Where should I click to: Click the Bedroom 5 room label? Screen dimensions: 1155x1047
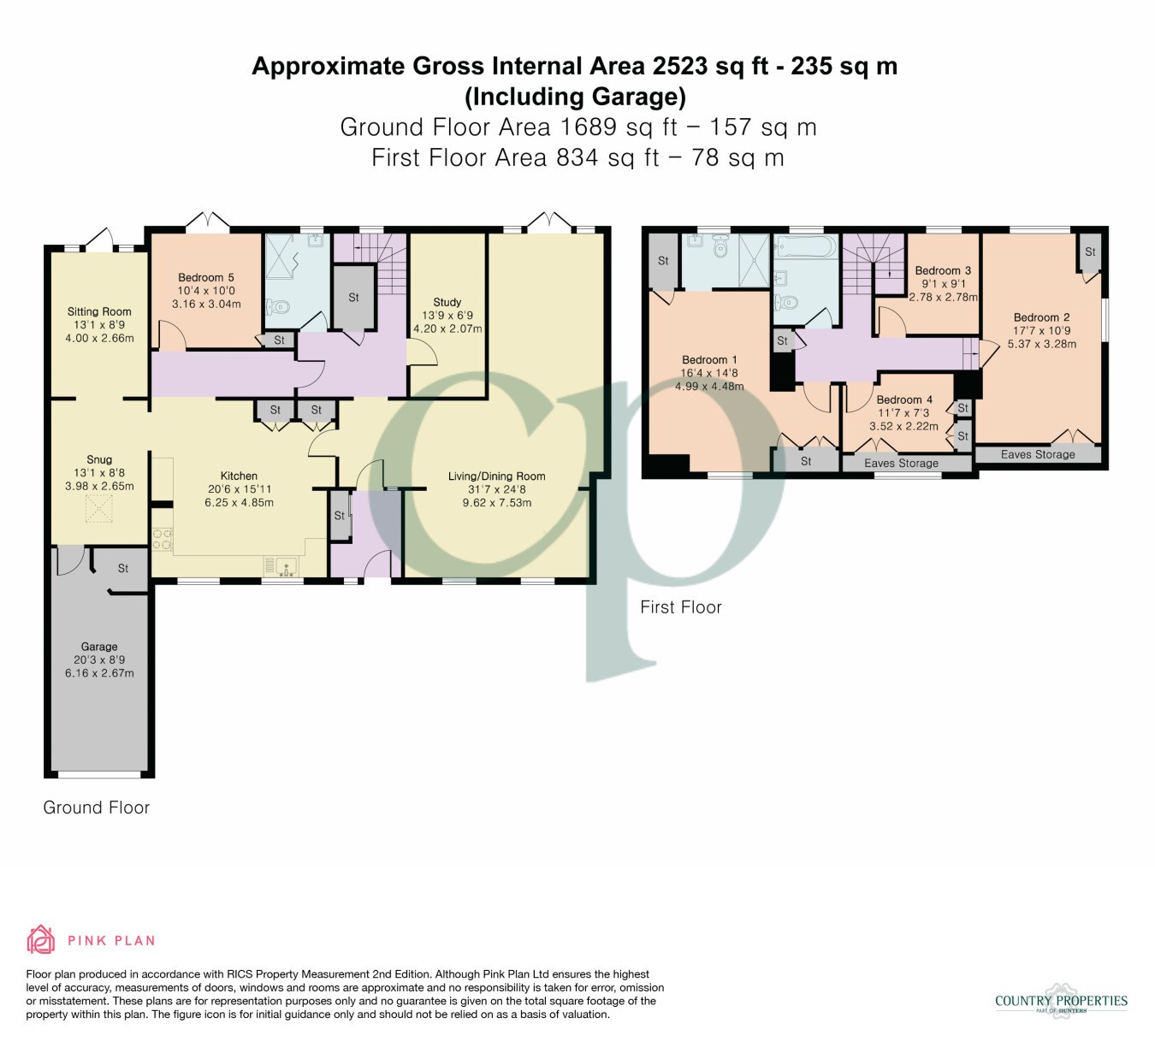[205, 278]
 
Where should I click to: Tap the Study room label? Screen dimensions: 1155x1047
[447, 302]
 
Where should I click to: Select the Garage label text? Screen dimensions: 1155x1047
[99, 647]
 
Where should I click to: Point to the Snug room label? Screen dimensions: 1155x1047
[99, 459]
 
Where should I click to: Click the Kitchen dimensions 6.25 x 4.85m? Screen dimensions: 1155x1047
[239, 502]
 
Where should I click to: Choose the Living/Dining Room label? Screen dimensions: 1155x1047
[496, 476]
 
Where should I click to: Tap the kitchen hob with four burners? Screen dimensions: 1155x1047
[162, 540]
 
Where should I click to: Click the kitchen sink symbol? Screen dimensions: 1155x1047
[286, 566]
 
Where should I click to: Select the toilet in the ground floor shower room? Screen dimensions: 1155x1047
[277, 307]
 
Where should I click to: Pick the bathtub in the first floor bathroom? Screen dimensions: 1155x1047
[806, 246]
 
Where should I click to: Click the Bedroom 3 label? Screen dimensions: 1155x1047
[943, 270]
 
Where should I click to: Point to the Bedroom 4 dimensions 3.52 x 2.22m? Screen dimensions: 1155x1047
[903, 426]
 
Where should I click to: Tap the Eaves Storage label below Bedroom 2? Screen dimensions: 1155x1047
[1038, 454]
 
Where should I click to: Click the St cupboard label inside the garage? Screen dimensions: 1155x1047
[123, 569]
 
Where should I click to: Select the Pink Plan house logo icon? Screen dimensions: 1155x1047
[41, 940]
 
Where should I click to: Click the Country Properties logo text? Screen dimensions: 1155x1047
[1061, 1001]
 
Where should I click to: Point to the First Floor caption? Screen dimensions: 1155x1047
[680, 607]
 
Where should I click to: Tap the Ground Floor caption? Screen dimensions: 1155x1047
[96, 807]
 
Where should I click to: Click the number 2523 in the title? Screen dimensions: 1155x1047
[679, 66]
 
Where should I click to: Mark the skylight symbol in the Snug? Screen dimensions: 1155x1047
[99, 509]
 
